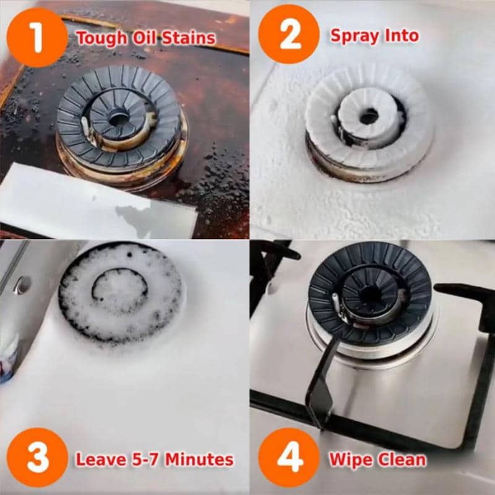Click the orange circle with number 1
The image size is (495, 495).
click(x=37, y=37)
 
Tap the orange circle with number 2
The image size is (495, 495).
click(x=289, y=34)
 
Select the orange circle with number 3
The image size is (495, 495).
click(x=37, y=458)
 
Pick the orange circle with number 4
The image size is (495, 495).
click(x=289, y=458)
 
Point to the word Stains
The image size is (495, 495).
click(x=189, y=38)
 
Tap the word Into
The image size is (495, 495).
click(x=402, y=35)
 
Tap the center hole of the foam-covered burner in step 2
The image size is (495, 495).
click(x=369, y=116)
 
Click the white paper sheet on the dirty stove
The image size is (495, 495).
click(x=95, y=202)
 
